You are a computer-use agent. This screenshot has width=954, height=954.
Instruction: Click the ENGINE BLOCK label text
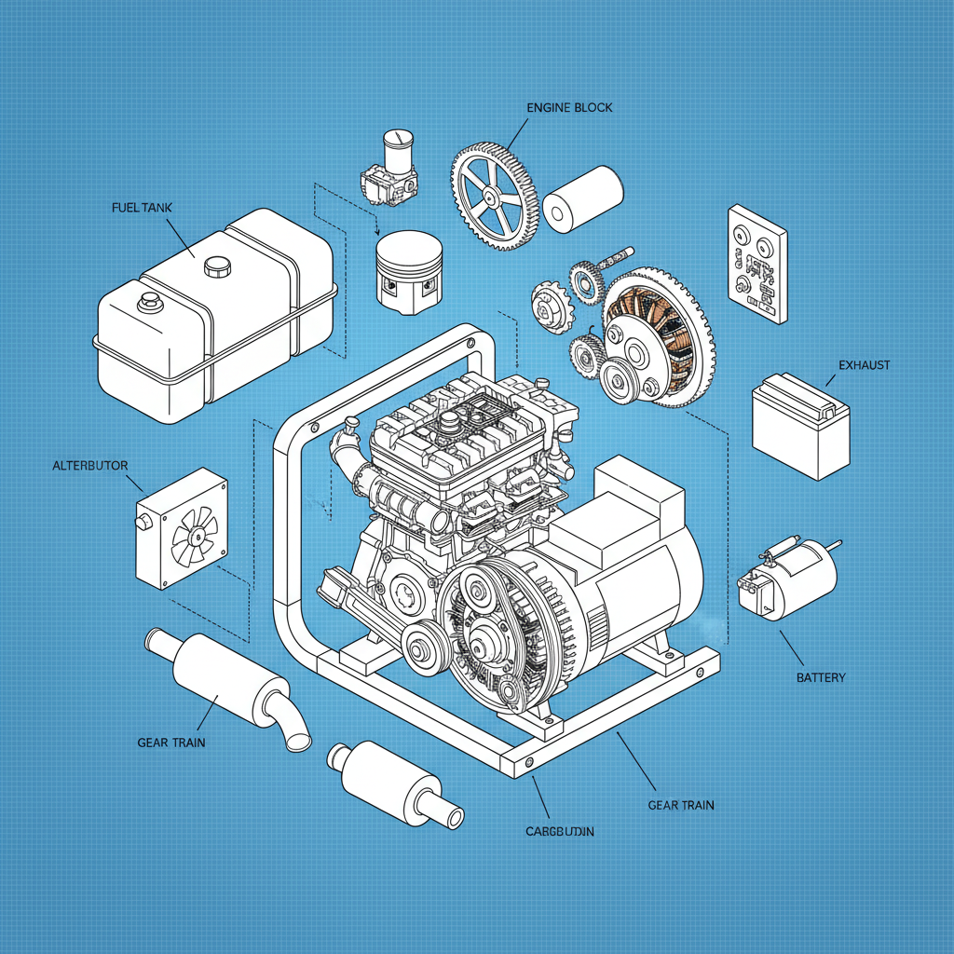pos(569,107)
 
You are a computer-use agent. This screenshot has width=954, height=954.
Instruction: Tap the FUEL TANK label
pos(141,207)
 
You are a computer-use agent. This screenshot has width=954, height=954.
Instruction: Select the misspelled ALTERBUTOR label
pos(89,465)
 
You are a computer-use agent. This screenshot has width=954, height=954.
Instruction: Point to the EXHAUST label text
pos(864,365)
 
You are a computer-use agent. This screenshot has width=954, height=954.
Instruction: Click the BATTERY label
pos(821,677)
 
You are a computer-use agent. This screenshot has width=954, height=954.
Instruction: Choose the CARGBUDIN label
pos(559,830)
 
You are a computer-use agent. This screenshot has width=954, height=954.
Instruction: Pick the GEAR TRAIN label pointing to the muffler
pos(170,743)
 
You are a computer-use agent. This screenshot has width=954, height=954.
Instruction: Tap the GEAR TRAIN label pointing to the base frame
pos(681,805)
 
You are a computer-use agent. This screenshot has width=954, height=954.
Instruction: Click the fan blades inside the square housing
pos(195,539)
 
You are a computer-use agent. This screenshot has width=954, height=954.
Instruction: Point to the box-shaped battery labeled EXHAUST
pos(800,425)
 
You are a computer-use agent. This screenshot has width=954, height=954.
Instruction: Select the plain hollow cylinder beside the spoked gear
pos(582,198)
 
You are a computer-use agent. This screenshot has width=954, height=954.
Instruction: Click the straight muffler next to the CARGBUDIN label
pos(395,782)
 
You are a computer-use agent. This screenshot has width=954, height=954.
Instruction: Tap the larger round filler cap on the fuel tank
pos(217,265)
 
